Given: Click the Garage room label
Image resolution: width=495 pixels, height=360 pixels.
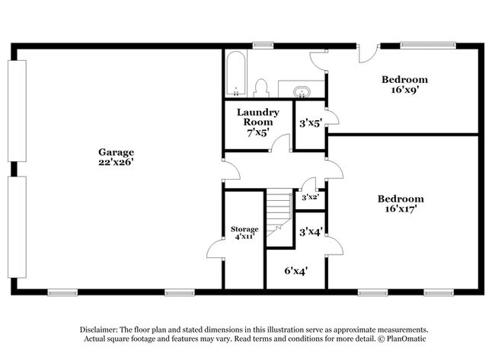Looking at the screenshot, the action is tap(117, 152).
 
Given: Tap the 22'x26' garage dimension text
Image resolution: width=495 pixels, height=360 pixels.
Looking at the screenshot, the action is tap(117, 162).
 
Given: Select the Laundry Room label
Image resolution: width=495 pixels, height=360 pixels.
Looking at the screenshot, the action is tap(258, 117).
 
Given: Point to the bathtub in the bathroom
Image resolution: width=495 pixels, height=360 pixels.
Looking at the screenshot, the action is tap(236, 74).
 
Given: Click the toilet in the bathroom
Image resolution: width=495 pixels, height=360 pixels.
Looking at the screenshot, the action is tap(261, 88).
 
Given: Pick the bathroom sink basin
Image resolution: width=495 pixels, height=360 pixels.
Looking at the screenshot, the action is tap(302, 92).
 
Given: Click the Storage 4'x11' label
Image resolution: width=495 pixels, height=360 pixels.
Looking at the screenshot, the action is tap(244, 233).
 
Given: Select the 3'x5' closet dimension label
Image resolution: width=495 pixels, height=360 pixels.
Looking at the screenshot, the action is tap(311, 123).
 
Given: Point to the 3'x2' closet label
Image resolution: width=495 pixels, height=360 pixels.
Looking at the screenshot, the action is tap(310, 198).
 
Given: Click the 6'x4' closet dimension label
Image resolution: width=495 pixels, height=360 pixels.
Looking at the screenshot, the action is tap(296, 271).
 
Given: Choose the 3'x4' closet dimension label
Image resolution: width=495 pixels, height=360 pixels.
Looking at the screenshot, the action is tap(311, 232).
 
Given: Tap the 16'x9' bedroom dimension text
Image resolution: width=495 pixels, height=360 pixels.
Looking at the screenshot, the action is tap(404, 90).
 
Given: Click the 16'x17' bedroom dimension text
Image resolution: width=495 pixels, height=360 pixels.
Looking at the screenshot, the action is tap(401, 209).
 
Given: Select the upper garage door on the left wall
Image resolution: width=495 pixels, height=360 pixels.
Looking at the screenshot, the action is tap(17, 111).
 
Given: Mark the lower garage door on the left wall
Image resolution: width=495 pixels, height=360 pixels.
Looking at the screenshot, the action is tap(17, 227).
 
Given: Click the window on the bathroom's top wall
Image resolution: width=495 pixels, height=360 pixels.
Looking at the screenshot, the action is tap(263, 46).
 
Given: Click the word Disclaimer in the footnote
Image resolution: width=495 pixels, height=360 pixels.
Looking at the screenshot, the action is tap(98, 330).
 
